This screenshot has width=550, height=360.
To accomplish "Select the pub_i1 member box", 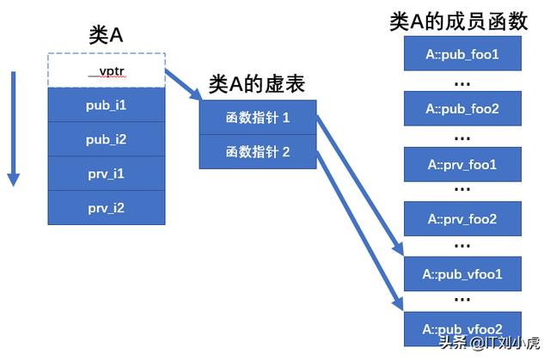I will (106, 105).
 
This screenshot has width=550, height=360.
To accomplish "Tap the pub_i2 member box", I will (106, 139).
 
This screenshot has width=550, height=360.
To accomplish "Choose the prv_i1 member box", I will (106, 174).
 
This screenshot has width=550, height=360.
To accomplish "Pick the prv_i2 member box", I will (106, 208).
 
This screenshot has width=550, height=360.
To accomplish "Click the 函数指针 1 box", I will (258, 118).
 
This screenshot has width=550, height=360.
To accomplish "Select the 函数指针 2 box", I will (258, 151).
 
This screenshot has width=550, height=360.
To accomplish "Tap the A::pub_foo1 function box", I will (461, 55).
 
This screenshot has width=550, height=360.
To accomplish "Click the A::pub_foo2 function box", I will (461, 109).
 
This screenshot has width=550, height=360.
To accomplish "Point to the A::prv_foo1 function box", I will (461, 164).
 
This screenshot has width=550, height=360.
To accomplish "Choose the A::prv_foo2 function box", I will (461, 219).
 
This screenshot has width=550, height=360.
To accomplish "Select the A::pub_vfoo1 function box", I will (461, 274).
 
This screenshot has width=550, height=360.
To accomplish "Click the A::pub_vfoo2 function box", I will (461, 328).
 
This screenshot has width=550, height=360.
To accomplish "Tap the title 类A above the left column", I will (107, 34).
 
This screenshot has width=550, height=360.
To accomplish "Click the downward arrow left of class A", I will (13, 129).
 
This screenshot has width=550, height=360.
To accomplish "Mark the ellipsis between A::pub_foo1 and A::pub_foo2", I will (461, 82).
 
